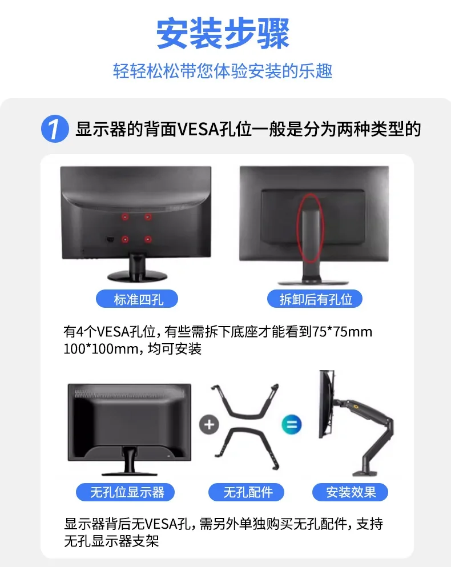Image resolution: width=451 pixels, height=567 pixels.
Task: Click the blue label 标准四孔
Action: pyautogui.click(x=138, y=299)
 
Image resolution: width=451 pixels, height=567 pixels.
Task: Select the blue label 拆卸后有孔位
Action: pyautogui.click(x=315, y=299)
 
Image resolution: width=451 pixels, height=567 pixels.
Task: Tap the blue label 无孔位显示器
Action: pyautogui.click(x=126, y=492)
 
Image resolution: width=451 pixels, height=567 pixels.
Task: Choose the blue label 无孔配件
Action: pyautogui.click(x=247, y=492)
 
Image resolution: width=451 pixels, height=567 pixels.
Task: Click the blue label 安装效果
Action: pyautogui.click(x=351, y=492)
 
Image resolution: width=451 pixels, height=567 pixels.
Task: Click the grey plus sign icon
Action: pyautogui.click(x=210, y=425)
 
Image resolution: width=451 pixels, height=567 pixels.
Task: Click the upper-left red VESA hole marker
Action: pyautogui.click(x=125, y=216)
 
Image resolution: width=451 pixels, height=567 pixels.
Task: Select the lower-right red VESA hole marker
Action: pyautogui.click(x=148, y=239)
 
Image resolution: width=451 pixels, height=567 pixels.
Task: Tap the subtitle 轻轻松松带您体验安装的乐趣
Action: pyautogui.click(x=223, y=71)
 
